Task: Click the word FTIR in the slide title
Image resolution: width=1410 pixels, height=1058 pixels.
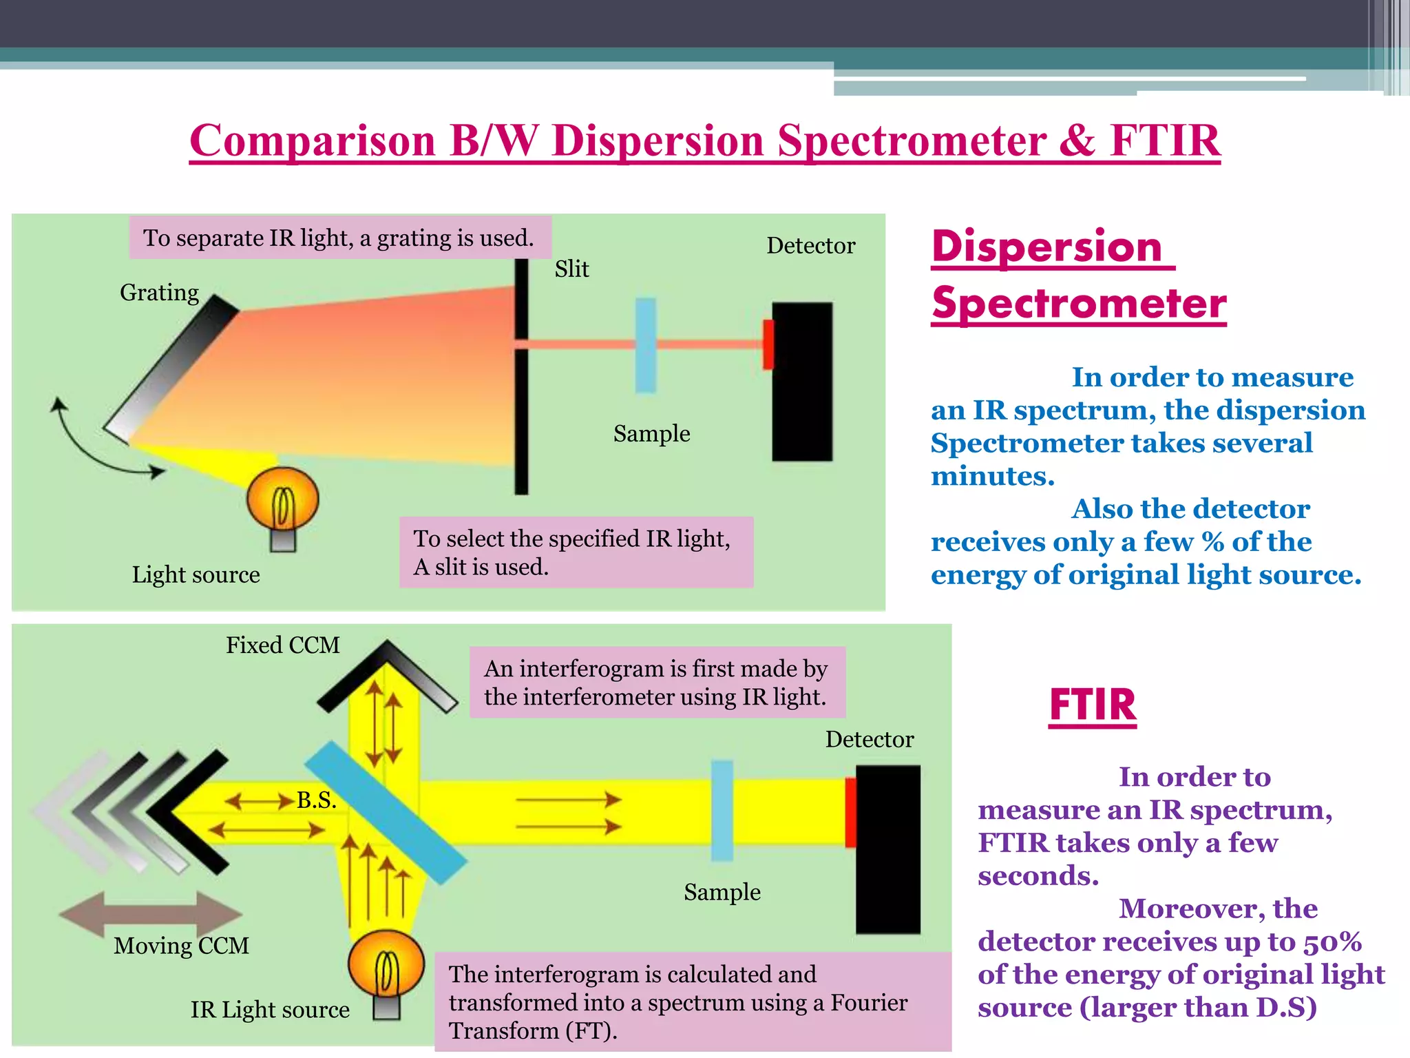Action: point(1165,141)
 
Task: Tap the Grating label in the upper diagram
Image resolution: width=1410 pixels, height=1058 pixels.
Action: point(159,293)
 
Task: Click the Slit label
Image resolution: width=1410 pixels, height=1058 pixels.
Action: point(571,269)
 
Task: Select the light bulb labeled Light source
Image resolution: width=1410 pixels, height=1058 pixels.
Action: point(283,501)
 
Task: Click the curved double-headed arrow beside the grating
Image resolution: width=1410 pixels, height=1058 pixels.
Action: point(90,444)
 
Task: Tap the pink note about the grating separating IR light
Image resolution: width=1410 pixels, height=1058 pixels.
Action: point(339,238)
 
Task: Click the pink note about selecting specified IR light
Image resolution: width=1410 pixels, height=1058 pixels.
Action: point(576,552)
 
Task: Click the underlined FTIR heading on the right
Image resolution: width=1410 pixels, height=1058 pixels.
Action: point(1092,705)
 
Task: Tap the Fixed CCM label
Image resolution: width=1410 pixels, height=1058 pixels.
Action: point(282,645)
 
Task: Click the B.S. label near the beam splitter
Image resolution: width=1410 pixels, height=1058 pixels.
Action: point(316,800)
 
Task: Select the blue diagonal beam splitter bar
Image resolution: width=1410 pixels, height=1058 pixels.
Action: point(386,813)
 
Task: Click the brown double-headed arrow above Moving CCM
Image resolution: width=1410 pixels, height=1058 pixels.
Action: point(150,913)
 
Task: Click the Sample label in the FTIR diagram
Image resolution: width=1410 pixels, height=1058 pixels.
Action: point(722,892)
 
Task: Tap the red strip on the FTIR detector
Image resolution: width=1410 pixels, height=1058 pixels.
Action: point(850,812)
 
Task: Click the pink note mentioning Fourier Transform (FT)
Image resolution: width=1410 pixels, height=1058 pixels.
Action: point(692,1002)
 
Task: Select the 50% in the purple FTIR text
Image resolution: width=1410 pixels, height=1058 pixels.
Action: point(1332,942)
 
